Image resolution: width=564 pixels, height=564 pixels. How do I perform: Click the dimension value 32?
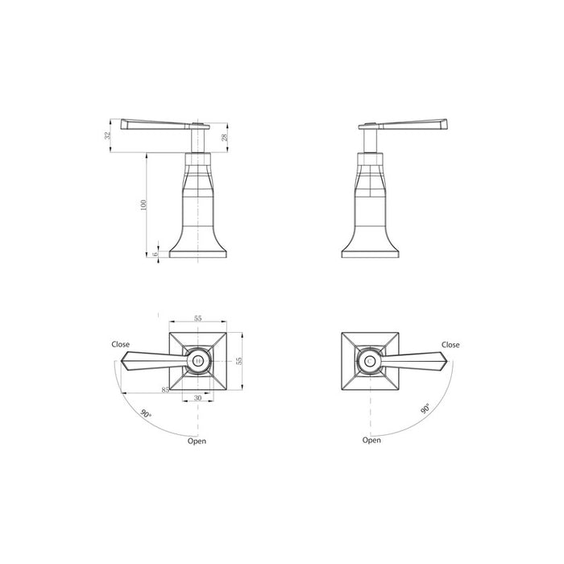(107, 136)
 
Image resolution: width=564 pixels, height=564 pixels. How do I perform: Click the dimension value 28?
(225, 138)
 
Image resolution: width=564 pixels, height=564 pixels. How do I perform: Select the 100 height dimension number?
(143, 205)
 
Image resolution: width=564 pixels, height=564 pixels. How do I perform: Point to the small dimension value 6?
(156, 254)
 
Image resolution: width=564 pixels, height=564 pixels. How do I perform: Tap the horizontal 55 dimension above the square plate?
(198, 318)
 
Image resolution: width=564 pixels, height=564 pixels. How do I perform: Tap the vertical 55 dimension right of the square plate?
(238, 361)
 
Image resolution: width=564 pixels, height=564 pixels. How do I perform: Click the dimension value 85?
(165, 390)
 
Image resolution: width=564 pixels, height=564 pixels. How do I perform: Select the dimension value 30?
(198, 398)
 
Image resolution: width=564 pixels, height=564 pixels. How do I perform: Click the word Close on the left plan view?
(121, 344)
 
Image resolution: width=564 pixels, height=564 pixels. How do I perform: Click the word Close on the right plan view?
(450, 345)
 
